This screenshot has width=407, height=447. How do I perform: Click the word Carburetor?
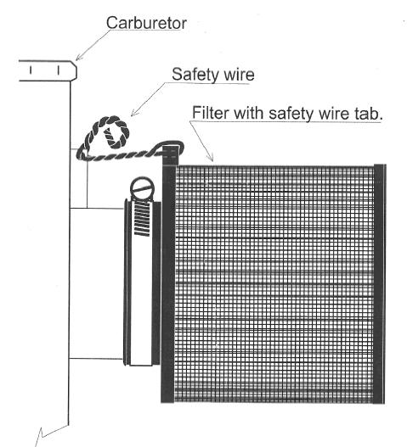click(146, 23)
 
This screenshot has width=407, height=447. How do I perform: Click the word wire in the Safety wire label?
click(239, 75)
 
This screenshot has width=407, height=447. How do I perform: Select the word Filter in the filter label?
click(211, 113)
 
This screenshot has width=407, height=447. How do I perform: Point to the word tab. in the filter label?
click(367, 114)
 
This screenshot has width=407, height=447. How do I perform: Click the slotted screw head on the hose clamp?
click(142, 188)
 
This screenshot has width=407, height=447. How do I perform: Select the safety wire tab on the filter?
click(171, 155)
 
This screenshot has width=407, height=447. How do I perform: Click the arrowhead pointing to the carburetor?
click(79, 58)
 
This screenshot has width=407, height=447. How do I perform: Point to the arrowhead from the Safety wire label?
click(134, 113)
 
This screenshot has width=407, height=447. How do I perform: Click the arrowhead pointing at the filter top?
click(211, 158)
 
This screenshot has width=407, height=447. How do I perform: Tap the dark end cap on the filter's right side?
click(380, 284)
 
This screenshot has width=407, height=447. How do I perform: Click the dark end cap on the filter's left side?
click(168, 284)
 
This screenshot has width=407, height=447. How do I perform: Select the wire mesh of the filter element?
click(274, 284)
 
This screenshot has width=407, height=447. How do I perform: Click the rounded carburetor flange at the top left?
click(48, 70)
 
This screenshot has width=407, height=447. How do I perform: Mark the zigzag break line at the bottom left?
click(52, 435)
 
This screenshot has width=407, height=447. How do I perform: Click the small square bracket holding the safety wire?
click(78, 178)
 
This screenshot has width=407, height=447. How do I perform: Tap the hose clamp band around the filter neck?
click(142, 282)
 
